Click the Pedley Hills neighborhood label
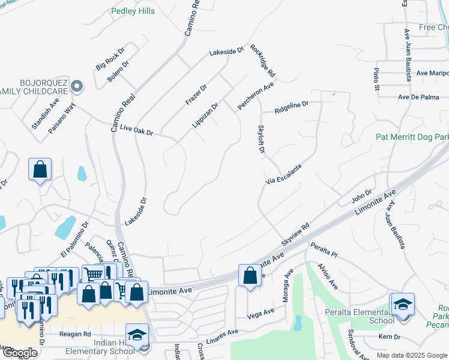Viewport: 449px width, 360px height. (133, 11)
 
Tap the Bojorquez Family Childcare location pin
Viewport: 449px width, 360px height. (76, 87)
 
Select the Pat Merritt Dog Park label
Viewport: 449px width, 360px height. (412, 137)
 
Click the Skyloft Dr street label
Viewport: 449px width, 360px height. (261, 139)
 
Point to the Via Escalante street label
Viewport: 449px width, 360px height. (283, 173)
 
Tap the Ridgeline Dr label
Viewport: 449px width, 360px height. (291, 107)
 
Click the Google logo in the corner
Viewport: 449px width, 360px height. (19, 353)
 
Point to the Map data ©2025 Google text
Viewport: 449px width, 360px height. (412, 355)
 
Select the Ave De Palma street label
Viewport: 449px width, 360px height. (418, 97)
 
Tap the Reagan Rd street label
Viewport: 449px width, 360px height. (75, 334)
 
